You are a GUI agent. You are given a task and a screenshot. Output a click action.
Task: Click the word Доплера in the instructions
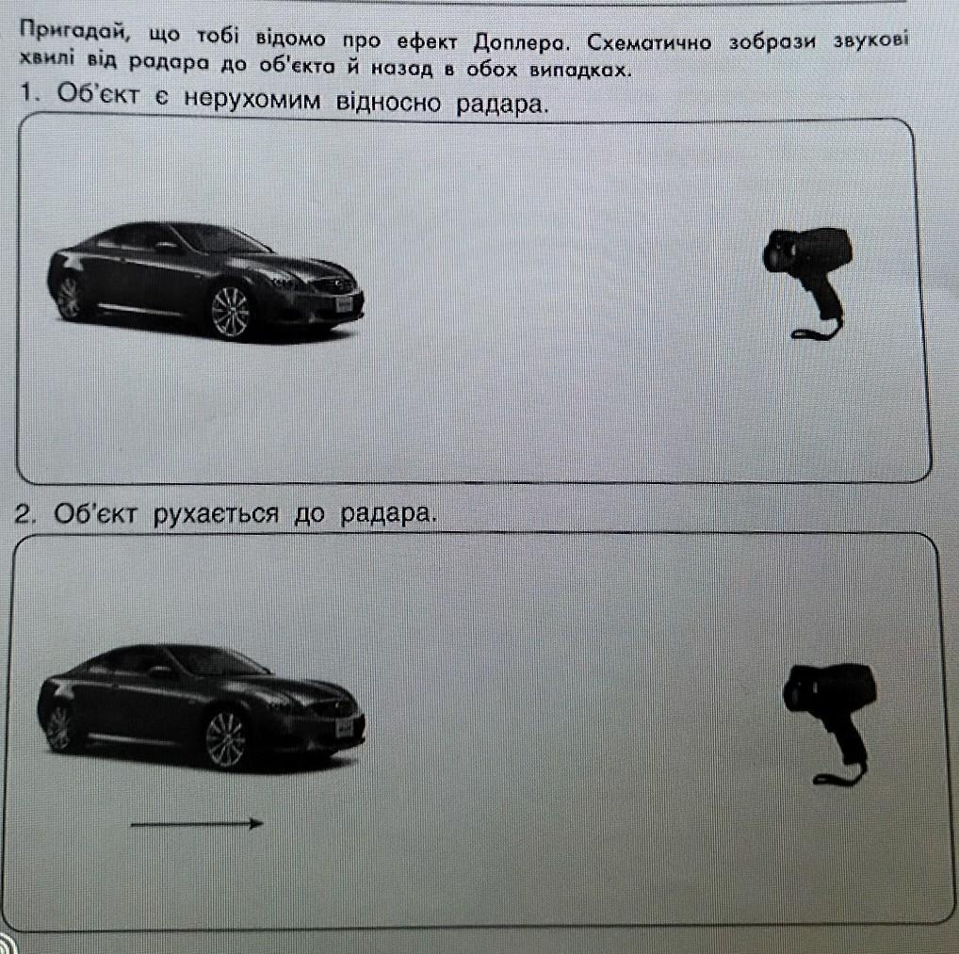click(519, 41)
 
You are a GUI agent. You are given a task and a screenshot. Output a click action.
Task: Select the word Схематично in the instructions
click(649, 42)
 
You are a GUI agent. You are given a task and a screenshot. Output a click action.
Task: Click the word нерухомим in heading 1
click(252, 99)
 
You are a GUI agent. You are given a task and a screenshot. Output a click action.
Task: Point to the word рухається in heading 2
click(216, 513)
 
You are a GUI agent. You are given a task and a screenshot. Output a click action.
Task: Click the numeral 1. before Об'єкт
click(30, 93)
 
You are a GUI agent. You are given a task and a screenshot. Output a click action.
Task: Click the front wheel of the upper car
click(231, 313)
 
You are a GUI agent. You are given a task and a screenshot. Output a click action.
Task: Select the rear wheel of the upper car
click(69, 298)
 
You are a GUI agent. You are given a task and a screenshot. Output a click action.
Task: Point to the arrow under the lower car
click(197, 824)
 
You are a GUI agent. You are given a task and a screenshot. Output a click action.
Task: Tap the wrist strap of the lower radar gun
click(839, 774)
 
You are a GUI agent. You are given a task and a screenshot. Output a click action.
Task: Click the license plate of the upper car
click(345, 304)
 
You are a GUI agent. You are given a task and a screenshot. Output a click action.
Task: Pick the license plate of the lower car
click(345, 728)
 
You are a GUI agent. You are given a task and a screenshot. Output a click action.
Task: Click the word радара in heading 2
click(385, 513)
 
